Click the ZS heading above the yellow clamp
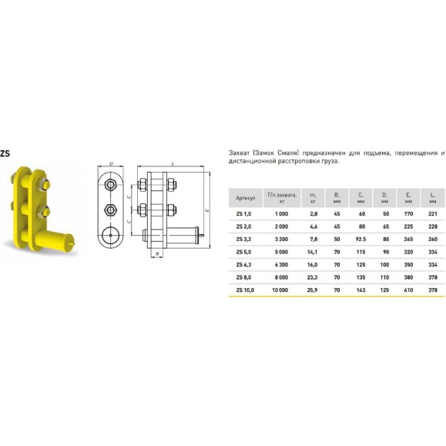pos(5,153)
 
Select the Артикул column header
pos(246,198)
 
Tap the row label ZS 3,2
pos(243,240)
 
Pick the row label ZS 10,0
pos(245,290)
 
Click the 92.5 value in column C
pos(360,240)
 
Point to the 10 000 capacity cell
pos(280,290)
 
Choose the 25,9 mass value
pos(312,290)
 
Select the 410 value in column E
pos(408,290)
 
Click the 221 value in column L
pos(433,214)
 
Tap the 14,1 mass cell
pos(312,252)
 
